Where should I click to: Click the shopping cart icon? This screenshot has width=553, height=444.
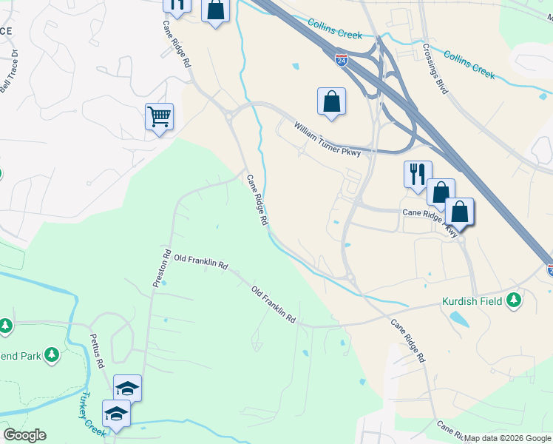tap(160, 117)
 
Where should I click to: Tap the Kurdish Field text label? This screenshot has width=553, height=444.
tap(472, 301)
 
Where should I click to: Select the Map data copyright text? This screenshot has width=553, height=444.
tap(507, 438)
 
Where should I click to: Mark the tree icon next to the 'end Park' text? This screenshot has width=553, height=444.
tap(51, 356)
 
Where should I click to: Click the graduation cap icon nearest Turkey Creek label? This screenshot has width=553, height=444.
tap(116, 413)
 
